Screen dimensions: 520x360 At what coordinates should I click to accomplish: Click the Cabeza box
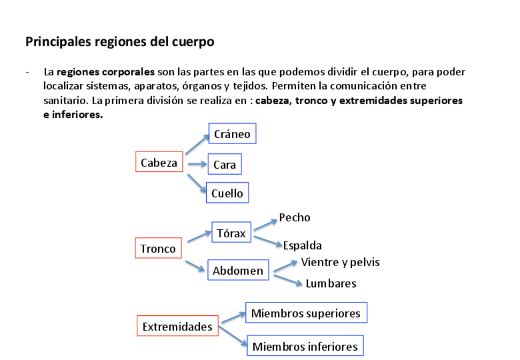159,163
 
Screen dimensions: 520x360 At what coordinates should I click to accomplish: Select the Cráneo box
232,134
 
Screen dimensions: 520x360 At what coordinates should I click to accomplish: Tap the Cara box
224,164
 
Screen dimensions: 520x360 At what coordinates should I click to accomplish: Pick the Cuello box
227,193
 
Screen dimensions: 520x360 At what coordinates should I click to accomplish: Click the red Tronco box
158,248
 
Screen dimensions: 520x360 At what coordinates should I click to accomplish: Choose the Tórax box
231,233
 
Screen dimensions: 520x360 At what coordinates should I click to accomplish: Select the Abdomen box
238,270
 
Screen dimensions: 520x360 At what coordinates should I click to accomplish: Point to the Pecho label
294,218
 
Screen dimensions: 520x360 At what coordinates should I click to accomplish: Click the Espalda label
302,246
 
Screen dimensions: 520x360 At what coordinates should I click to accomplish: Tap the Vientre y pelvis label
340,262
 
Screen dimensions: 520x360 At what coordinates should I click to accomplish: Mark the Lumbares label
331,283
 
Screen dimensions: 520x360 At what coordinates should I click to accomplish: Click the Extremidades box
177,327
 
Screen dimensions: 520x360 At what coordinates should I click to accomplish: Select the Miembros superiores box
305,313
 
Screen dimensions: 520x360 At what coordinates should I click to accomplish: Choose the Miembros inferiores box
305,347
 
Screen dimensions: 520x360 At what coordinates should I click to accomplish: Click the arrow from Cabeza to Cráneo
196,145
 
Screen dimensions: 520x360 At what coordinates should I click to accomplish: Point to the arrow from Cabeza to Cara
197,164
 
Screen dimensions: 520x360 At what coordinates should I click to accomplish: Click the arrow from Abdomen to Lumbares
288,280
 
